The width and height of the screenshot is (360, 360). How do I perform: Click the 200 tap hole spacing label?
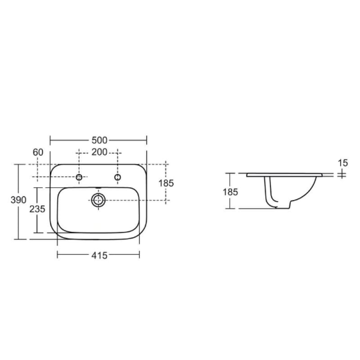(x=99, y=152)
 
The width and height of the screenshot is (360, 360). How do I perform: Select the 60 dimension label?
(x=38, y=152)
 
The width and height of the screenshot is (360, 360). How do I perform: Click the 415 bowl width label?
(x=99, y=256)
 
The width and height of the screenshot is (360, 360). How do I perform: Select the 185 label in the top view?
(x=166, y=183)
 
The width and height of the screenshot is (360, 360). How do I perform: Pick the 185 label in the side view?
(x=230, y=191)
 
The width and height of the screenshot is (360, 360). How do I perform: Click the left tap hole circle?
(x=79, y=178)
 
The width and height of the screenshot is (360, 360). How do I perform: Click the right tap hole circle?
(x=118, y=178)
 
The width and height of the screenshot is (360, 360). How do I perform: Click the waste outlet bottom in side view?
(x=281, y=207)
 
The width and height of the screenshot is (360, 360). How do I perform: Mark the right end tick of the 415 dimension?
(x=139, y=256)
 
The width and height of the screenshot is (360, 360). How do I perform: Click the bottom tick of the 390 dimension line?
(x=18, y=239)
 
